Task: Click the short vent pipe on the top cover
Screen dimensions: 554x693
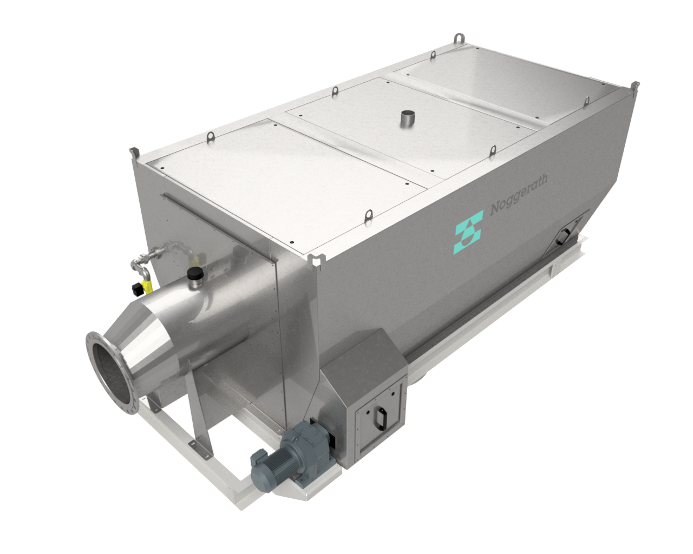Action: point(406,120)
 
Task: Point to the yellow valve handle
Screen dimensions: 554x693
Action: point(145,285)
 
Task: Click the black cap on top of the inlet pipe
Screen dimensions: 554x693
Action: point(193,275)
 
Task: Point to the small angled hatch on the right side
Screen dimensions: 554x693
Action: point(564,234)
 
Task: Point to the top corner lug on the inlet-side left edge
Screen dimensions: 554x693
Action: point(133,153)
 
